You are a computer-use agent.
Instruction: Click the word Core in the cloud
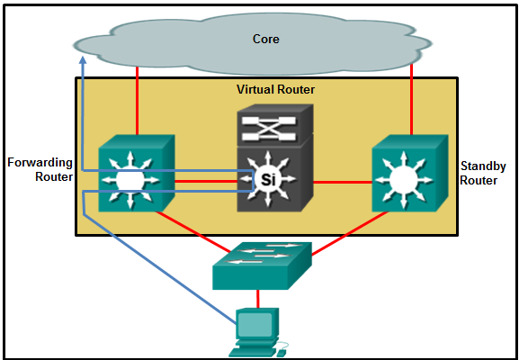click(x=266, y=40)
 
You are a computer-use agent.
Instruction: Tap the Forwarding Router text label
click(x=40, y=170)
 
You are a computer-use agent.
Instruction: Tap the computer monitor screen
click(x=255, y=323)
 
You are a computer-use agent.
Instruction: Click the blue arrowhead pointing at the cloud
click(x=82, y=60)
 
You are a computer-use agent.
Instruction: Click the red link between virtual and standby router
click(x=342, y=183)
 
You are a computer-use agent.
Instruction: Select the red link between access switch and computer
click(x=258, y=298)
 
